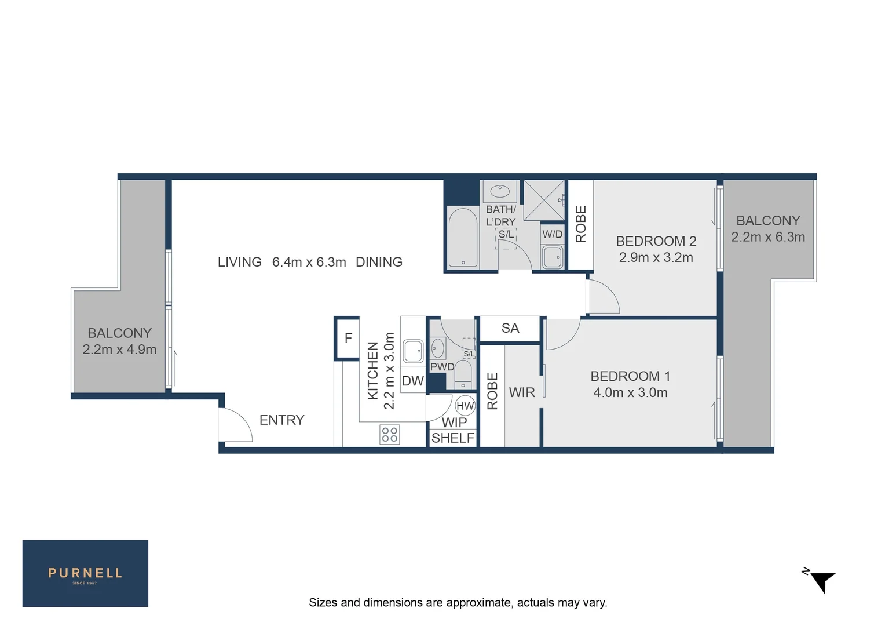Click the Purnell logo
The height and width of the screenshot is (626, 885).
tap(85, 573)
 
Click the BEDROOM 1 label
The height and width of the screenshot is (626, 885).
tap(630, 376)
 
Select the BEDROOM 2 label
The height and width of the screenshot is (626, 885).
tap(656, 241)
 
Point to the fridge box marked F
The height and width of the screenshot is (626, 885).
tap(348, 338)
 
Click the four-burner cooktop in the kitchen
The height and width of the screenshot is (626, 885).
tap(390, 434)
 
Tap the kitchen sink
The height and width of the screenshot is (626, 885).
tap(413, 351)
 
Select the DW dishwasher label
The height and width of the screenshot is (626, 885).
tap(412, 381)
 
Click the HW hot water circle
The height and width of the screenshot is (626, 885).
tap(465, 406)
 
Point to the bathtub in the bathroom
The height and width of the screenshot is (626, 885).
tap(463, 238)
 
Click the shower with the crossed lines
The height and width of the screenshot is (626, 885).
tap(544, 200)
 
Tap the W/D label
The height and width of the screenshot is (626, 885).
tap(552, 234)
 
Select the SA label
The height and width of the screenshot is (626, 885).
tap(510, 328)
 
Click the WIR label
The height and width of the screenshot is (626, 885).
tap(522, 392)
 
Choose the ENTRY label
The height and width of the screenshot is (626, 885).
tap(281, 420)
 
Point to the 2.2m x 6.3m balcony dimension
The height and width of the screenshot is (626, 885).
tap(768, 237)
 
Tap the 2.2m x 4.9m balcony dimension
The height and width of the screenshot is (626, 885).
tap(119, 350)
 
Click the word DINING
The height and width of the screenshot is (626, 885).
tap(379, 262)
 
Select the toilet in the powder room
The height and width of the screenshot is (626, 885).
tap(463, 374)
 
